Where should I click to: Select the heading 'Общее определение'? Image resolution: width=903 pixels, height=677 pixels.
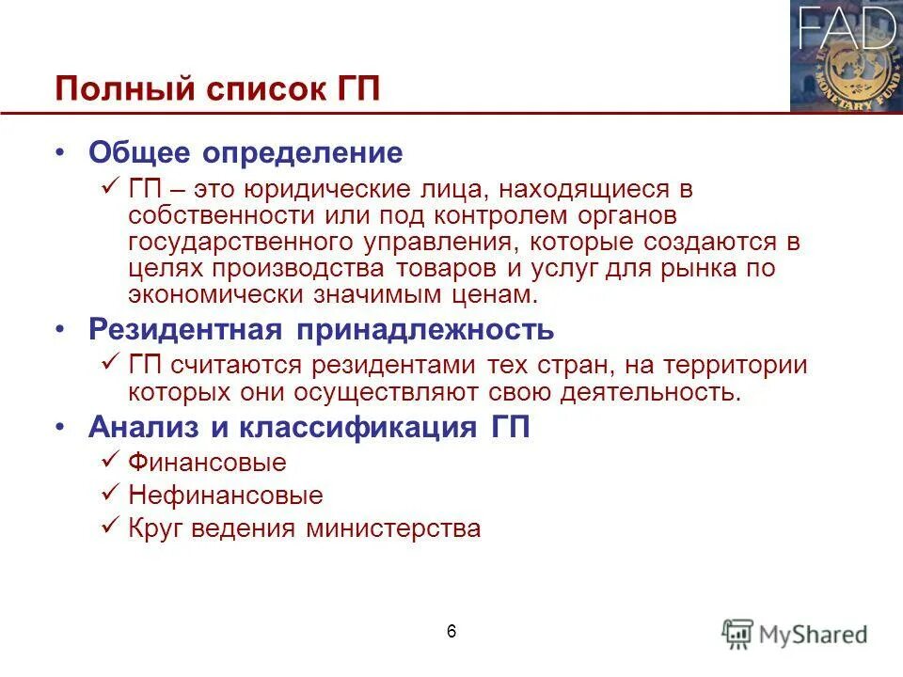[246, 152]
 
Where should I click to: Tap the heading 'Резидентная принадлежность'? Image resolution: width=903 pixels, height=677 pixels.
[321, 330]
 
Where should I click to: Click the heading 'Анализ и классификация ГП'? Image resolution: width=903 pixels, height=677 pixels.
[309, 428]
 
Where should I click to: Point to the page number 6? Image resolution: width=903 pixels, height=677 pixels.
[451, 631]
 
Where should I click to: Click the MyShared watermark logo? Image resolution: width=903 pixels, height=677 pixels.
[795, 633]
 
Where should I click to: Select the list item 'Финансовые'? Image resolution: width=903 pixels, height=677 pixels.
[207, 463]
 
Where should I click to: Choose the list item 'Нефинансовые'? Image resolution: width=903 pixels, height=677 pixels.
[225, 496]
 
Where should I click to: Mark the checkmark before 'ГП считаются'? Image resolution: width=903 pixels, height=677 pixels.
[108, 363]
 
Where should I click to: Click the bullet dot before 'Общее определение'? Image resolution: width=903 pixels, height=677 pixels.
[61, 153]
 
